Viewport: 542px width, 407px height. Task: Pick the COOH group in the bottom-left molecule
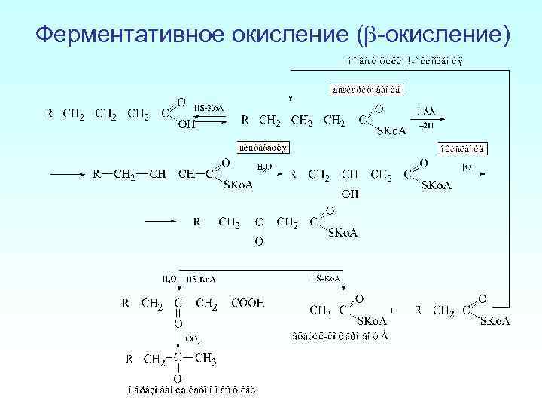(x=248, y=303)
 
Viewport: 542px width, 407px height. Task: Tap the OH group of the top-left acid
(x=186, y=125)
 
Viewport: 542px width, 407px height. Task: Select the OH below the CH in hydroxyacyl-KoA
(x=350, y=194)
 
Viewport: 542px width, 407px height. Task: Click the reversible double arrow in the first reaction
(x=206, y=118)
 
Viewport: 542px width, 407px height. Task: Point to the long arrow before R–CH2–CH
(x=67, y=174)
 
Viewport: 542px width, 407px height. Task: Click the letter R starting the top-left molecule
(x=49, y=115)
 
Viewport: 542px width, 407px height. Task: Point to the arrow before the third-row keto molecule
(x=160, y=222)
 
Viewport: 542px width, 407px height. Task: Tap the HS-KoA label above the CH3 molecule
(x=324, y=279)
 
